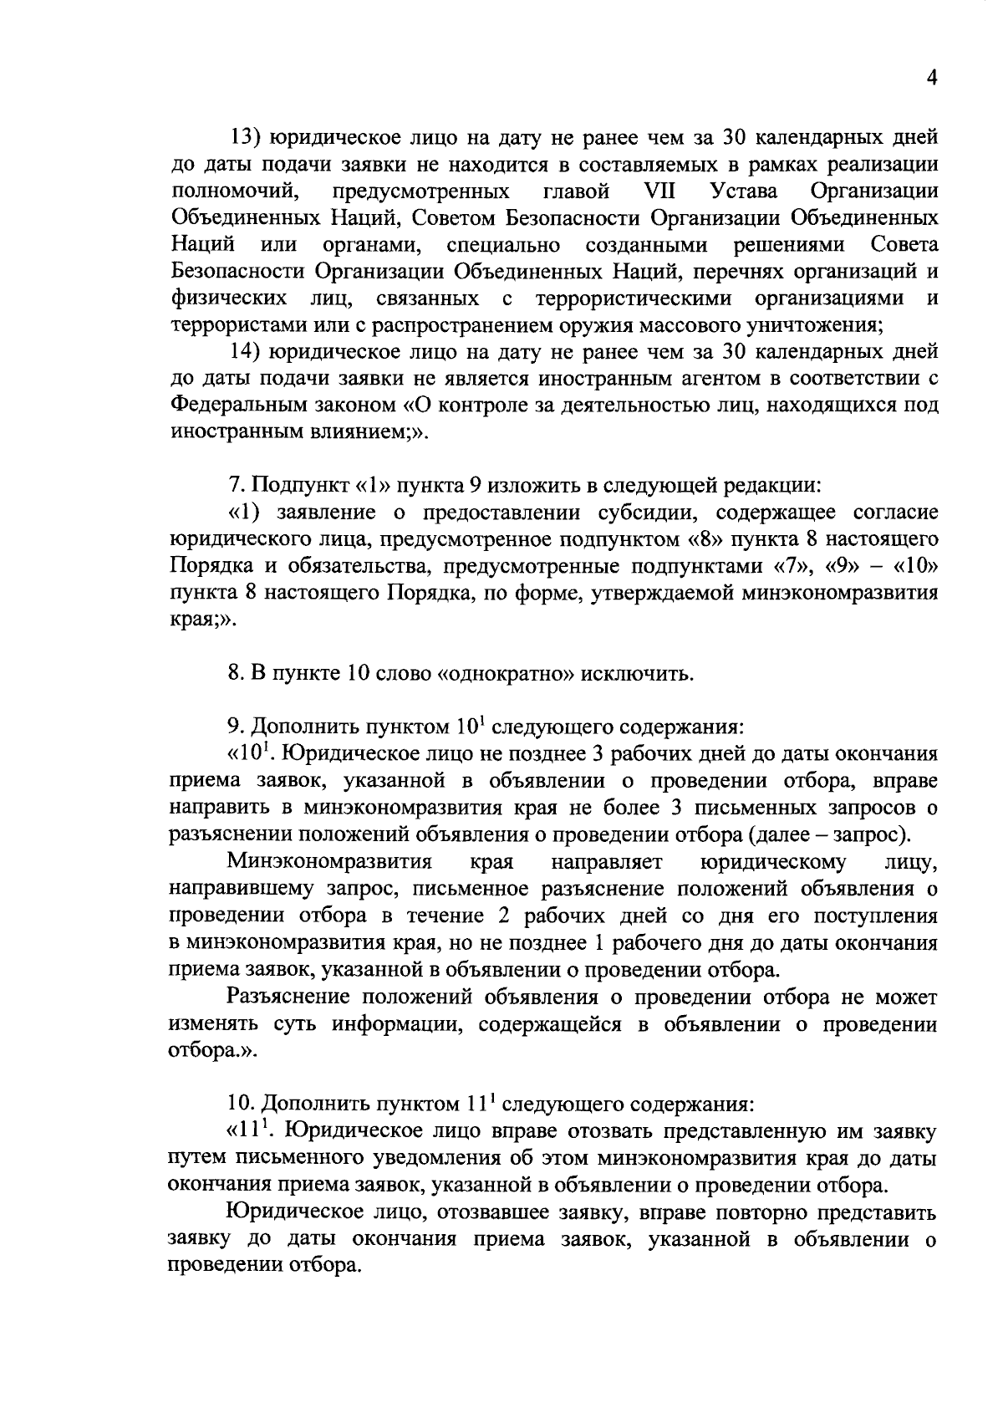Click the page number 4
[x=931, y=78]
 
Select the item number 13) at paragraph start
[x=247, y=137]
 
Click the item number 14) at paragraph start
[x=247, y=352]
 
